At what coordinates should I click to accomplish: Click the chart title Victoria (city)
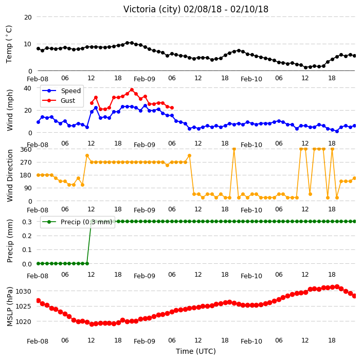[152, 9]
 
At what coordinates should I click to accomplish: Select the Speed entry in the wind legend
[61, 91]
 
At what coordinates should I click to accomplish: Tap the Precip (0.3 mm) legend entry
[77, 222]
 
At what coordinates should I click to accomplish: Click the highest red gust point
[132, 90]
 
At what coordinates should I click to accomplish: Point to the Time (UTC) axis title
[196, 351]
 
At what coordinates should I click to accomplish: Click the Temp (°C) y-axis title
[9, 44]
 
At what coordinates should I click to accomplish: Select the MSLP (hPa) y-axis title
[9, 306]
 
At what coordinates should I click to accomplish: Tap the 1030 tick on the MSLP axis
[23, 292]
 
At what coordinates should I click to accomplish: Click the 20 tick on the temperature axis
[28, 17]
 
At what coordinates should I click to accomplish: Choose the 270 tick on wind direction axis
[26, 163]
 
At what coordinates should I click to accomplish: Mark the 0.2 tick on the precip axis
[27, 236]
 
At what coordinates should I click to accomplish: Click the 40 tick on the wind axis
[27, 88]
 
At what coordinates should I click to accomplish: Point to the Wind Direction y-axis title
[10, 176]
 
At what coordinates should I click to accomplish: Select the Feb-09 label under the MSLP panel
[144, 341]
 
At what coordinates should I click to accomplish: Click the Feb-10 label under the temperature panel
[251, 79]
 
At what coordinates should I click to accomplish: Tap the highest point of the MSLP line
[337, 287]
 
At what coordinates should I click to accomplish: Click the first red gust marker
[92, 103]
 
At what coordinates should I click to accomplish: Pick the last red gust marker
[172, 107]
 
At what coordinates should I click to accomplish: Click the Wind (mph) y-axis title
[10, 111]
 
